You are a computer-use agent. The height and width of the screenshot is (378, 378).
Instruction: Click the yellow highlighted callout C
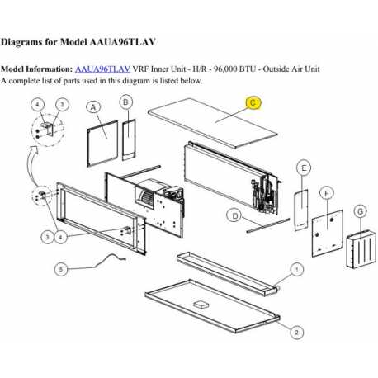coord(254,103)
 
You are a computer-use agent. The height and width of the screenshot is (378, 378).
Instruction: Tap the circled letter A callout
coord(92,107)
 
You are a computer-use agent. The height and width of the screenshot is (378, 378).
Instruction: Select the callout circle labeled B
coord(125,102)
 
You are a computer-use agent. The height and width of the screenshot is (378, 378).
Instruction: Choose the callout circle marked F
coord(328,192)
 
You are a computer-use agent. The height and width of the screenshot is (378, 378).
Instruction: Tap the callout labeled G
coord(359,211)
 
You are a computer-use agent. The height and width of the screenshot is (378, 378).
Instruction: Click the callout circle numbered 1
coord(297,269)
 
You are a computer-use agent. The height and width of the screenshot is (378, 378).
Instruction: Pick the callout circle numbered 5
coord(60,268)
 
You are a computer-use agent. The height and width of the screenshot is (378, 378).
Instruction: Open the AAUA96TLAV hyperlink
coord(102,70)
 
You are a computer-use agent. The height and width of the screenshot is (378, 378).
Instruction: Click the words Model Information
coord(36,70)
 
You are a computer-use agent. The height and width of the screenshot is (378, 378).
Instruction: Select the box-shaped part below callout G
coord(356,245)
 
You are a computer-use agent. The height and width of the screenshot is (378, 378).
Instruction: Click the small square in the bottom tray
coord(201,304)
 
